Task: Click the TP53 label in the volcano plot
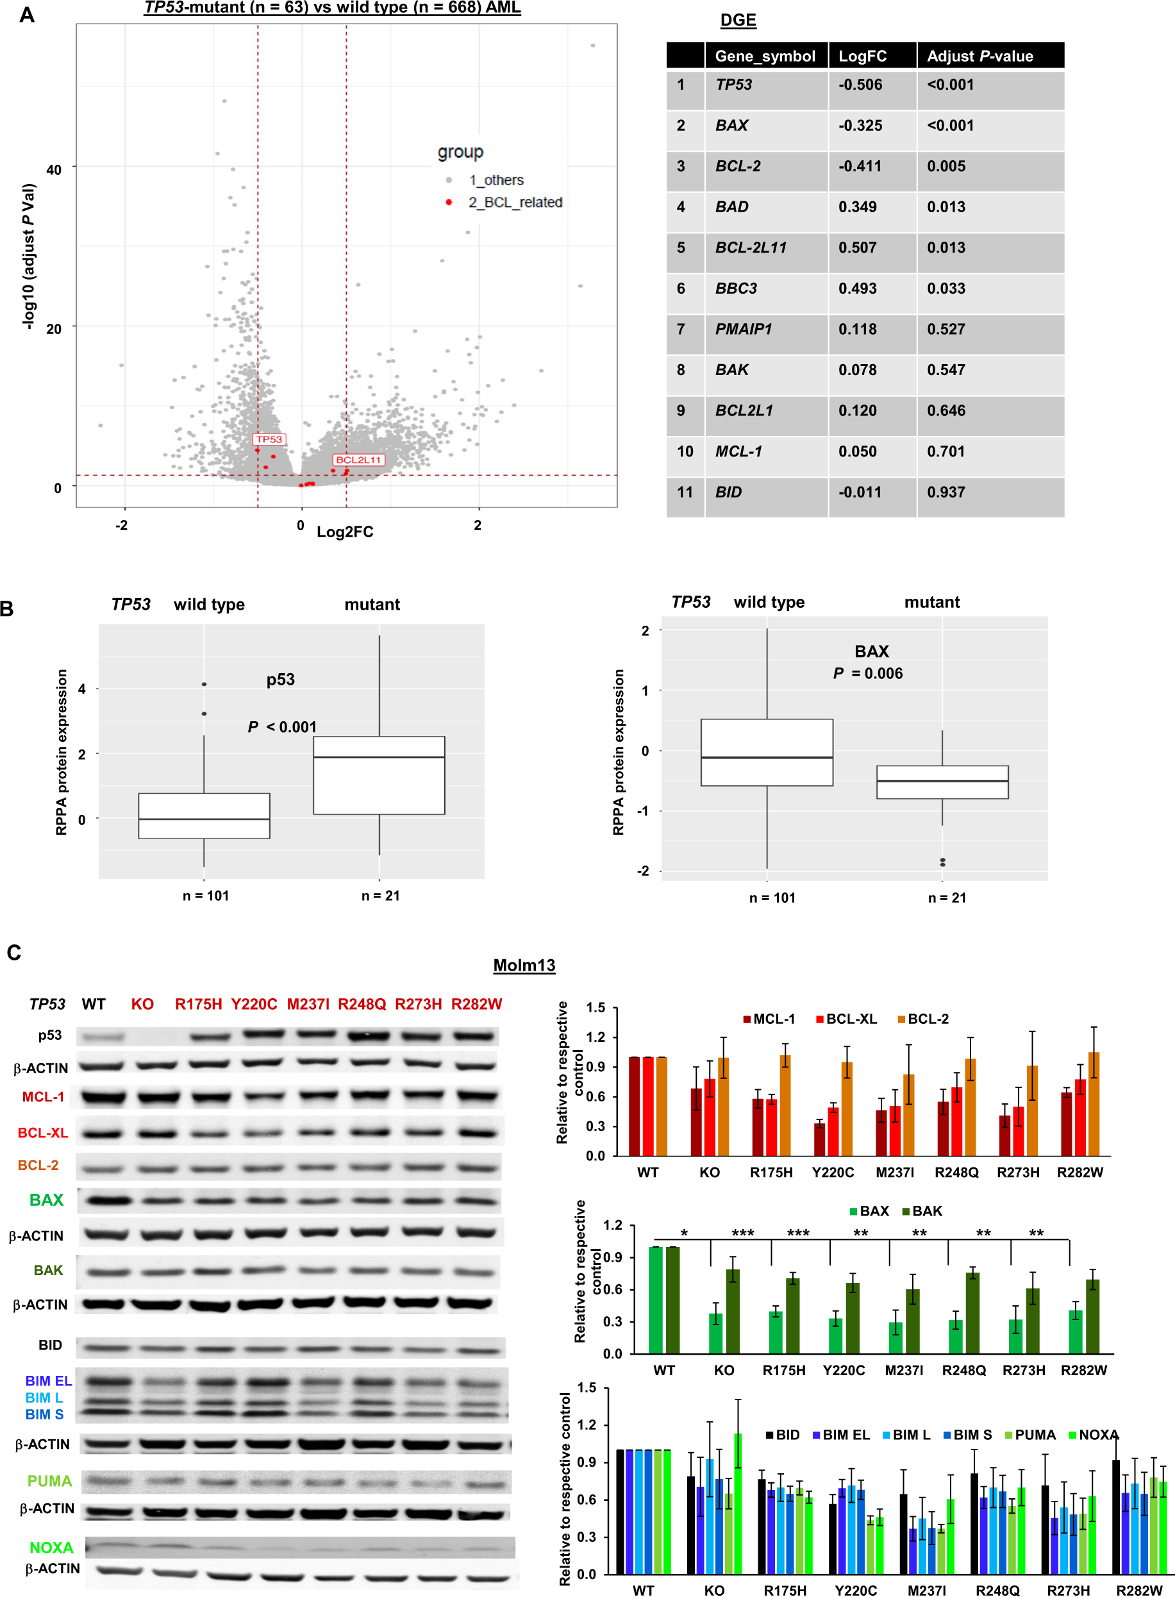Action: click(x=269, y=439)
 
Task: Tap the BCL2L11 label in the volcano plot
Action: click(x=358, y=460)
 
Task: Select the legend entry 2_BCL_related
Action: click(x=514, y=202)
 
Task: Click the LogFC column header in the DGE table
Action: click(x=862, y=56)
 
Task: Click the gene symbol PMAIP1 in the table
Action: click(x=743, y=329)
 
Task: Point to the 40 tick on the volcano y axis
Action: click(x=54, y=169)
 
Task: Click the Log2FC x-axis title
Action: click(x=344, y=531)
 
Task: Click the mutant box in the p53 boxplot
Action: click(x=379, y=774)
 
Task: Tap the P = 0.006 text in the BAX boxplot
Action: click(x=868, y=673)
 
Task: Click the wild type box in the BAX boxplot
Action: click(x=767, y=752)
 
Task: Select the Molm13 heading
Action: click(x=524, y=966)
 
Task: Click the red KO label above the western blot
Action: click(x=142, y=1004)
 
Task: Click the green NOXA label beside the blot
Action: click(x=51, y=1547)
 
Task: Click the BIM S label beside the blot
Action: click(x=44, y=1414)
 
